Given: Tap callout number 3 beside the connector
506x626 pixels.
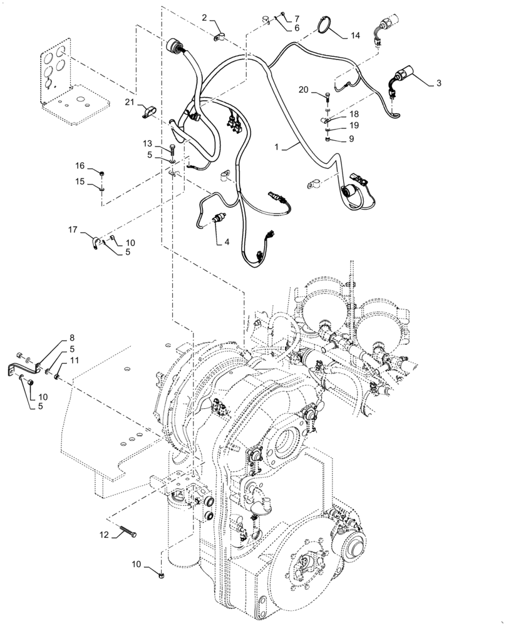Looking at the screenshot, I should tap(438, 83).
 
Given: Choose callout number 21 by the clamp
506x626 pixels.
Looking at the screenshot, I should tap(128, 102).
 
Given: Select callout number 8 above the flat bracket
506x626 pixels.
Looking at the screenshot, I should tap(71, 339).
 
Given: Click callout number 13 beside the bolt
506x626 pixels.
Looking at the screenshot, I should tap(147, 143).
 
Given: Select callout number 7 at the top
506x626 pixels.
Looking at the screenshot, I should tap(297, 18).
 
